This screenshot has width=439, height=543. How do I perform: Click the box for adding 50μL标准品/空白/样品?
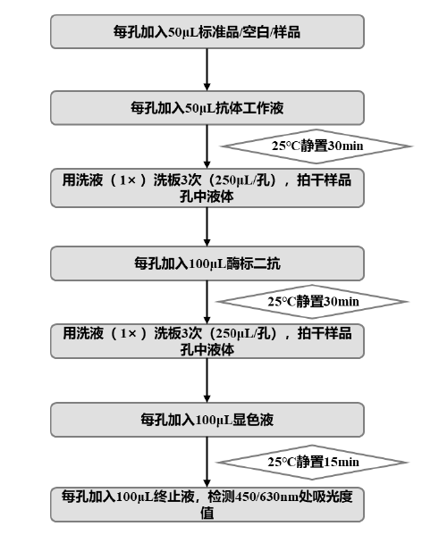click(x=207, y=33)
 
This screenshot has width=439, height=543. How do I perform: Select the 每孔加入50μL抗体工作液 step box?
click(x=207, y=109)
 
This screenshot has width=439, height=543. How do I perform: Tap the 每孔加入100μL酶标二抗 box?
click(x=207, y=263)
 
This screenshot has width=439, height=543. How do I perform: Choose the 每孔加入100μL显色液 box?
click(x=207, y=417)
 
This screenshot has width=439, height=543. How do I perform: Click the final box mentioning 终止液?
click(x=207, y=504)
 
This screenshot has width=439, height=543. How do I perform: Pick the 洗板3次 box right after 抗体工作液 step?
click(x=207, y=188)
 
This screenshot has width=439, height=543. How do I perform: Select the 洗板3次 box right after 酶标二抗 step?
click(x=207, y=342)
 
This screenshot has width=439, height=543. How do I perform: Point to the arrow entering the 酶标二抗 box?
click(x=207, y=227)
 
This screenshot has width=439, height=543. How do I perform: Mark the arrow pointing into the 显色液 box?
click(x=207, y=381)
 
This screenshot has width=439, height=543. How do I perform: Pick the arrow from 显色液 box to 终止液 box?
click(x=207, y=459)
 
